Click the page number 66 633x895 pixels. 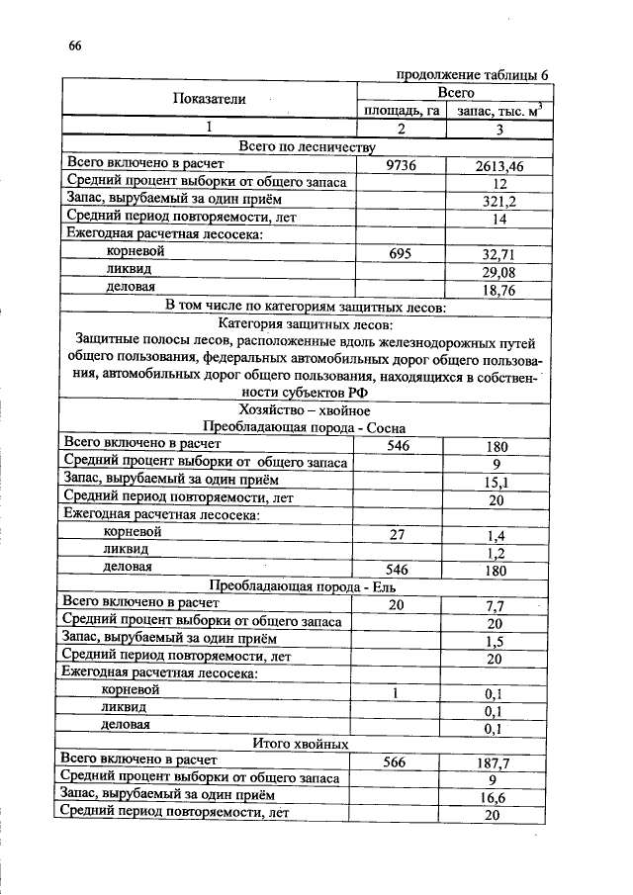(x=75, y=45)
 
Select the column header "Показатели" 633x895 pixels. (x=209, y=99)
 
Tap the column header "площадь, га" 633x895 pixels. (x=401, y=110)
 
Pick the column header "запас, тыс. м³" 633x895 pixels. (x=498, y=110)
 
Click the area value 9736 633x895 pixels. (x=401, y=165)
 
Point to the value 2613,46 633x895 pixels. (x=498, y=166)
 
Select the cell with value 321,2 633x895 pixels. (x=498, y=201)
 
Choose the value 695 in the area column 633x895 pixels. (x=401, y=253)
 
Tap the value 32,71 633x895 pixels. (x=498, y=253)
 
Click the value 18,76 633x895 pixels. (x=498, y=289)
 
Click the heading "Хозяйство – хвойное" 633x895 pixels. (x=305, y=409)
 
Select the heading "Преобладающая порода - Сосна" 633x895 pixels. (x=305, y=427)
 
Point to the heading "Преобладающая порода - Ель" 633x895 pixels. (x=305, y=585)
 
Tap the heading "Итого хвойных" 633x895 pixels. (x=305, y=744)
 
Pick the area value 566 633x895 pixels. (x=401, y=762)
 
